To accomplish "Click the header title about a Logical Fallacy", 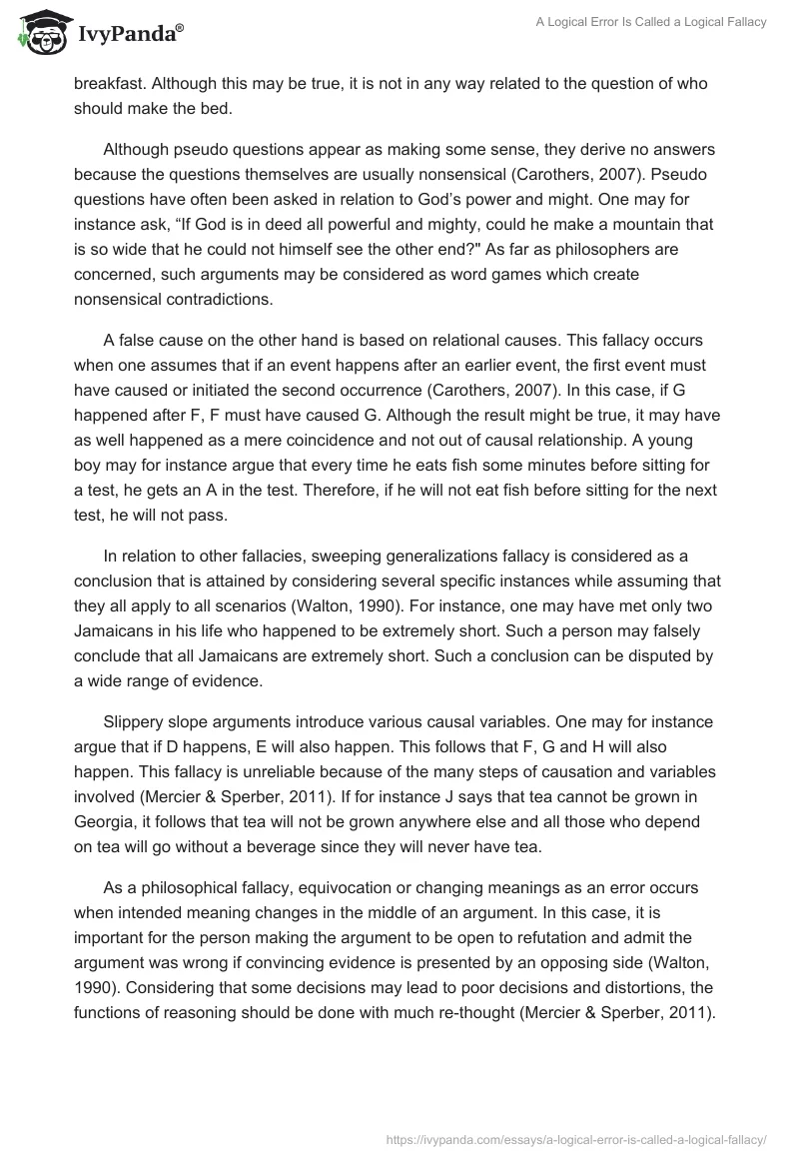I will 648,22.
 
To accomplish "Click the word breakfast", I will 111,84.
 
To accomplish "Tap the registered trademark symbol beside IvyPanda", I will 180,27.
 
